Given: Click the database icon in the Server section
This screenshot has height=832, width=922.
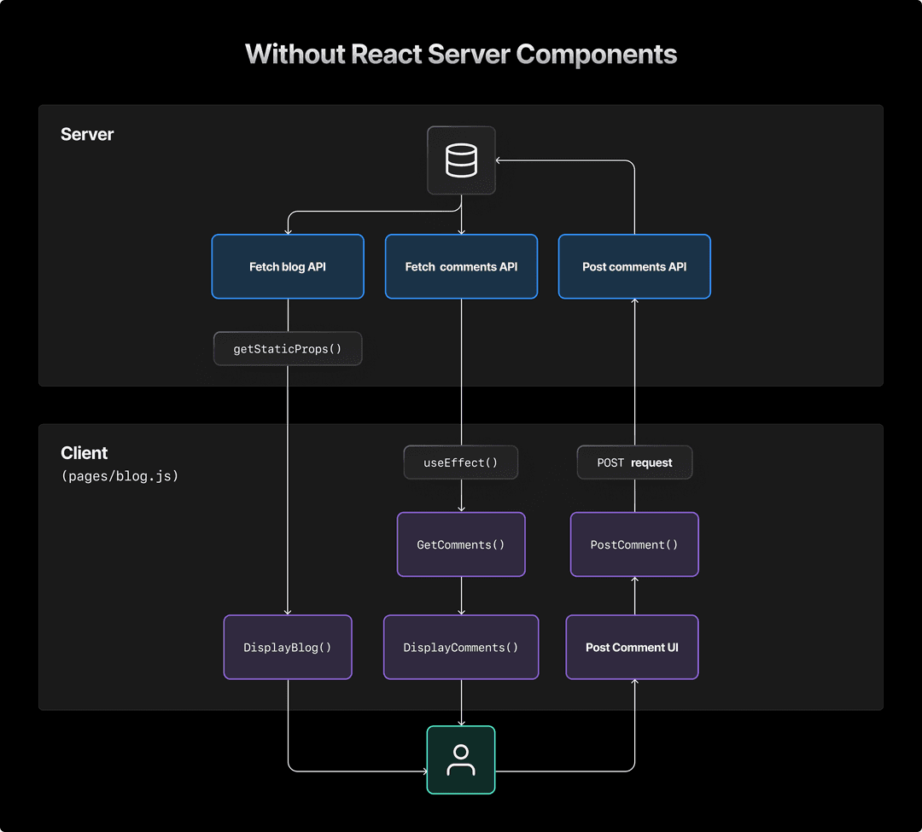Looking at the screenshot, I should point(461,160).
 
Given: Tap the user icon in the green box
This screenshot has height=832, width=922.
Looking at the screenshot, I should point(461,759).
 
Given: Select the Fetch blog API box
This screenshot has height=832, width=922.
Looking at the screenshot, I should point(288,267).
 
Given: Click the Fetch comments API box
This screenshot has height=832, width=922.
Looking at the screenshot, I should point(461,267).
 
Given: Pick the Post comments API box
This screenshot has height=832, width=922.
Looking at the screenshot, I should point(634,267).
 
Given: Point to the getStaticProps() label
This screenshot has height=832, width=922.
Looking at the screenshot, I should point(288,349).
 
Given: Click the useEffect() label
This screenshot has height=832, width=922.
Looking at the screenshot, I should point(461,463).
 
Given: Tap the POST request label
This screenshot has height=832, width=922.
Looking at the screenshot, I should point(634,463).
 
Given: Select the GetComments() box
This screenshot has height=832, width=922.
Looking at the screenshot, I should point(461,544).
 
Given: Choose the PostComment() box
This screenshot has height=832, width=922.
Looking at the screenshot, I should point(634,544).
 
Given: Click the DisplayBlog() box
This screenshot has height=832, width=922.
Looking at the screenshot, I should point(288,648).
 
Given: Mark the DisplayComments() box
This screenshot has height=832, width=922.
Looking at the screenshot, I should point(461,648).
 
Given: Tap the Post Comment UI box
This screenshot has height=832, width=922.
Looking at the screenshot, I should point(632,648).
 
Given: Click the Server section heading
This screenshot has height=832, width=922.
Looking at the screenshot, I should point(87,135).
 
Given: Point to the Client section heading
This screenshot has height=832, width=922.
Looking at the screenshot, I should point(85,453).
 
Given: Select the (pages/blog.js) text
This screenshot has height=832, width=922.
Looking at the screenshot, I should point(120,476).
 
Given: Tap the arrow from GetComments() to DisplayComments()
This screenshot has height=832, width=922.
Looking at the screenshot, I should point(461,596).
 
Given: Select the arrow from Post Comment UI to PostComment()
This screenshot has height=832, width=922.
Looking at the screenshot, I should point(634,596).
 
